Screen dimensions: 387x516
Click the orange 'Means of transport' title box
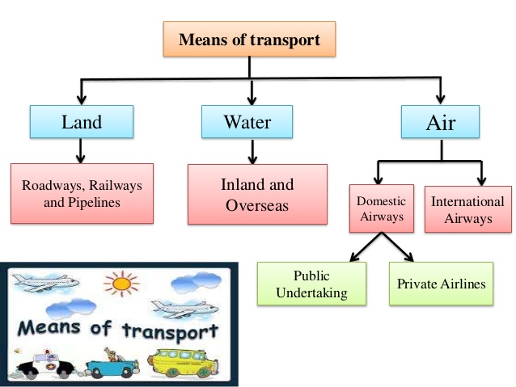click(x=249, y=39)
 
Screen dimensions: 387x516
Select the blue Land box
click(x=82, y=122)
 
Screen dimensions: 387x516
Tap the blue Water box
click(x=247, y=122)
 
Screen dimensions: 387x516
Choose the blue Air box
click(x=441, y=122)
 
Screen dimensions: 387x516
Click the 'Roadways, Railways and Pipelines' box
click(x=81, y=194)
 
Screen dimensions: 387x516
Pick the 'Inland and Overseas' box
click(x=257, y=194)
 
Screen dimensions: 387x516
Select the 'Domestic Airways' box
click(x=381, y=209)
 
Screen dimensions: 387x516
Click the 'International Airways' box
click(x=467, y=209)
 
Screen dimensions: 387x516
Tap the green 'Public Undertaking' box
click(x=311, y=284)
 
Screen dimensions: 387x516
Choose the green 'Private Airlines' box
click(x=441, y=284)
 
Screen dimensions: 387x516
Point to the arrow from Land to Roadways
click(x=80, y=150)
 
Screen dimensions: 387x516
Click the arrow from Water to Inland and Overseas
click(x=253, y=151)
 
